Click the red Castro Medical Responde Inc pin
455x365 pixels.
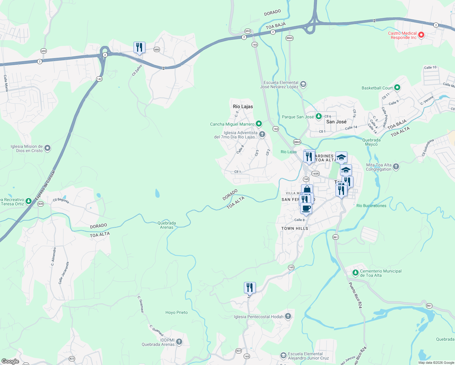(x=421, y=35)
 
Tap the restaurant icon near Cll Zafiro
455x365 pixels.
(x=139, y=47)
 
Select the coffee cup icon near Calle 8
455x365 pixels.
(x=306, y=209)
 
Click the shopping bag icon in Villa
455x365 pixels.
(x=307, y=190)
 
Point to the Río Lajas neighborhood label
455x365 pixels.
(x=243, y=106)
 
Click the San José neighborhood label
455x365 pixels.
(x=336, y=122)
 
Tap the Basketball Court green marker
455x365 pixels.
(x=397, y=88)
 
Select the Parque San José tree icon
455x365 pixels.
(x=318, y=116)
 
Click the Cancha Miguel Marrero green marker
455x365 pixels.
(x=259, y=124)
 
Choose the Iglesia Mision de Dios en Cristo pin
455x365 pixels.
(x=47, y=148)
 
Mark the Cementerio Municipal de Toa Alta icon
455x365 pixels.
(x=355, y=273)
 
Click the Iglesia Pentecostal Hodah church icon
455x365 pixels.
(x=288, y=316)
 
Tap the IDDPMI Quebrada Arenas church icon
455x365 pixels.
(x=179, y=342)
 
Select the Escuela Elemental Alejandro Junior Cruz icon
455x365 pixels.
(x=283, y=356)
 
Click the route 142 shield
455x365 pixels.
(x=99, y=79)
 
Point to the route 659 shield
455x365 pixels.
(x=43, y=51)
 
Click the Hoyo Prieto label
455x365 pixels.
(x=176, y=312)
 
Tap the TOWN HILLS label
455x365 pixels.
(x=294, y=228)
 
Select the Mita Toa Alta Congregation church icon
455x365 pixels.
(x=396, y=166)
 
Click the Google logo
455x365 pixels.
(x=10, y=361)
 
